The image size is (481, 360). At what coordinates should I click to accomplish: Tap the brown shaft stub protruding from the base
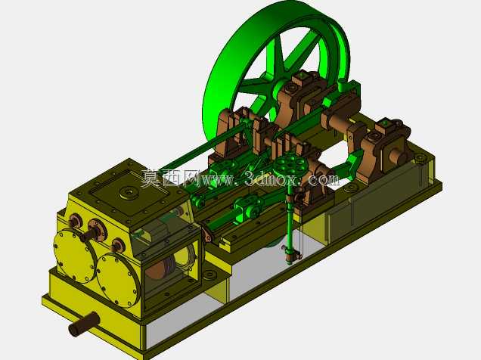pyautogui.click(x=83, y=324)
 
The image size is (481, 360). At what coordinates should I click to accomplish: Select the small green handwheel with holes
pyautogui.click(x=289, y=164)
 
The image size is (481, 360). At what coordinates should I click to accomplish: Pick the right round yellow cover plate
pyautogui.click(x=118, y=279)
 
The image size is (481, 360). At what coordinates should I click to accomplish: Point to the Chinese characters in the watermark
pyautogui.click(x=171, y=178)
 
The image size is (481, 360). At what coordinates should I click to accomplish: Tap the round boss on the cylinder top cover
pyautogui.click(x=129, y=193)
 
